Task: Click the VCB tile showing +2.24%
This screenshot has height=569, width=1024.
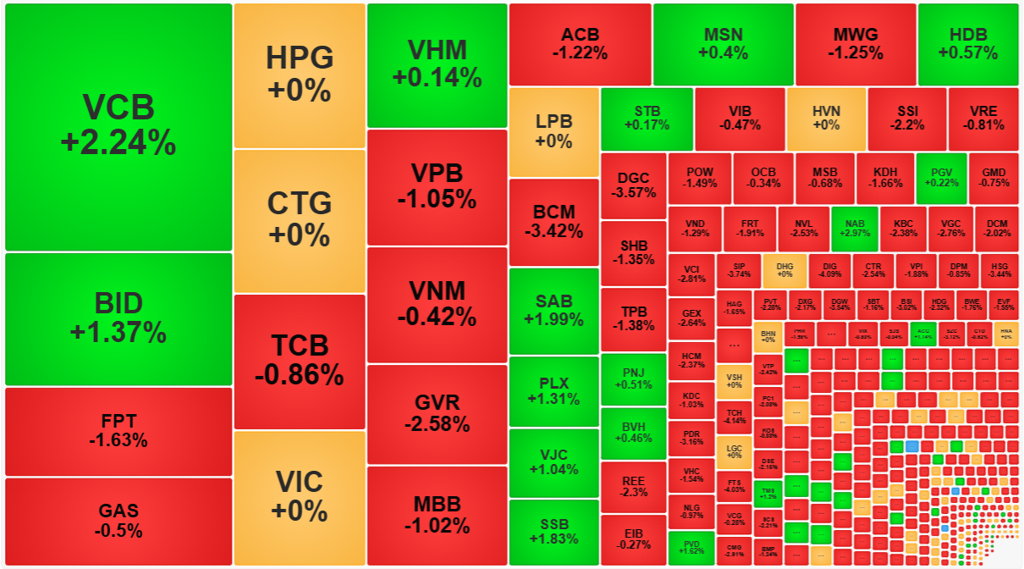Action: (118, 127)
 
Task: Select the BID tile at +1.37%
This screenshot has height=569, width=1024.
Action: (118, 318)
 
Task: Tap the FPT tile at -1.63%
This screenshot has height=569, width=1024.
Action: (118, 431)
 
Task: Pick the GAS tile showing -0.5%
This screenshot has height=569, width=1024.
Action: (118, 521)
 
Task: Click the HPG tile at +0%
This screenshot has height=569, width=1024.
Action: (300, 75)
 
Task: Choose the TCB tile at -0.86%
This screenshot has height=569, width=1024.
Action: (300, 361)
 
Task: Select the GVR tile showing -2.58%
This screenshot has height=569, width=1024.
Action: (437, 413)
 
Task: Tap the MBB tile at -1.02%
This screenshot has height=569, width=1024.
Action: (437, 515)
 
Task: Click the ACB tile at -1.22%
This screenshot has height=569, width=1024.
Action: (580, 44)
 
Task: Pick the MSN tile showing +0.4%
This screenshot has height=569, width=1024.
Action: (723, 44)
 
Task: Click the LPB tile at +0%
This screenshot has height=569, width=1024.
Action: (553, 131)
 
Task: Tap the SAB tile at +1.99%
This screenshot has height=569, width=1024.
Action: (553, 310)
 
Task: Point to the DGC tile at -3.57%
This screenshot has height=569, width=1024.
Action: (633, 185)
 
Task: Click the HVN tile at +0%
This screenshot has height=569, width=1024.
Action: (826, 118)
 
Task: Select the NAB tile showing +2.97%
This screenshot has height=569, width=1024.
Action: (854, 228)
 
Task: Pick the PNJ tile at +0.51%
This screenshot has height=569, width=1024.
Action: (633, 379)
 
